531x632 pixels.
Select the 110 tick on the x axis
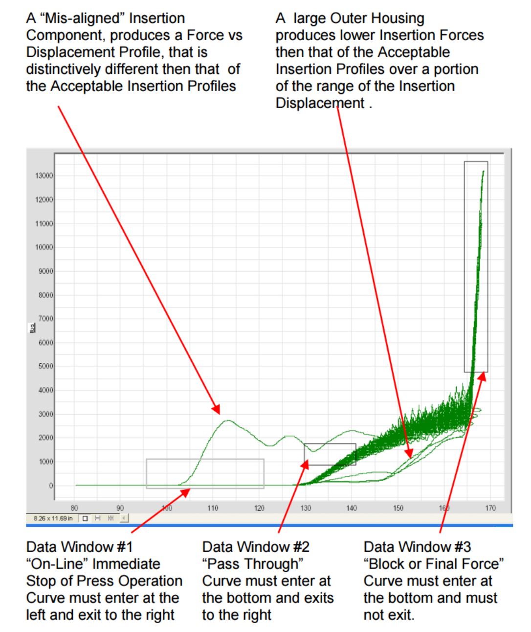[213, 508]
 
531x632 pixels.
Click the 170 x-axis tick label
[490, 508]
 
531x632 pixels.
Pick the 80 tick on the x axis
[75, 508]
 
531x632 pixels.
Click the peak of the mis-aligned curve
[227, 420]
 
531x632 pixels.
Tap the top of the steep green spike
[483, 171]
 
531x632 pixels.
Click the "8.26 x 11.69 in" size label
[53, 518]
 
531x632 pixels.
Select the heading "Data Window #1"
[79, 547]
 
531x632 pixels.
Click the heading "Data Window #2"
[255, 547]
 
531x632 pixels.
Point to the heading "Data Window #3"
[417, 547]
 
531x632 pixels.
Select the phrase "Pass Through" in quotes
[253, 564]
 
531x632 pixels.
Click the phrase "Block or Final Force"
[433, 564]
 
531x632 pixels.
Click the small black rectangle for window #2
[330, 454]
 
